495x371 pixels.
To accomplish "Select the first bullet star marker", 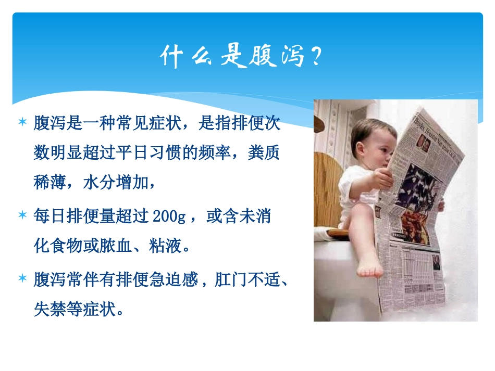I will coord(22,123).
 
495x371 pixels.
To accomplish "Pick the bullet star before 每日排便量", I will coord(22,215).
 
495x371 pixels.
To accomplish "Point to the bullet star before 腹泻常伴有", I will coord(22,279).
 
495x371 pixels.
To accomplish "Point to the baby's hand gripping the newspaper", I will coord(383,178).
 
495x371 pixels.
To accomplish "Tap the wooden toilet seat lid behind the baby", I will coord(326,193).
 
